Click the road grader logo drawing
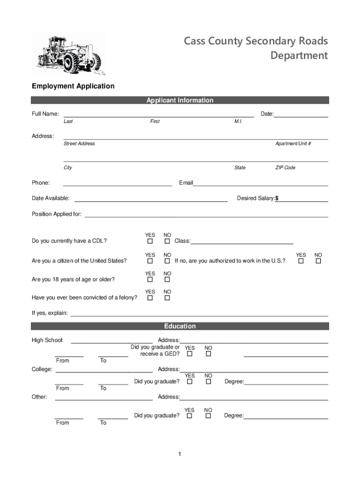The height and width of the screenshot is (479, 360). (69, 55)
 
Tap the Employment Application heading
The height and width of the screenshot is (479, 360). (73, 86)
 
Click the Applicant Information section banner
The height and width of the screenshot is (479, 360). (180, 100)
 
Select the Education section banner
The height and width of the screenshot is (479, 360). (180, 326)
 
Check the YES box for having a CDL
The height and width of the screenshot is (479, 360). (150, 241)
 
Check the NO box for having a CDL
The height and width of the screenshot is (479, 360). (167, 241)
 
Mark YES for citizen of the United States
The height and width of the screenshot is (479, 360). (150, 261)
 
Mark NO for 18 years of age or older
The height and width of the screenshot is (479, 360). (167, 280)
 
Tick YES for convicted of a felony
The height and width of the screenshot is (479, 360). (150, 298)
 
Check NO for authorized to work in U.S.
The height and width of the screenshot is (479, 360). (318, 261)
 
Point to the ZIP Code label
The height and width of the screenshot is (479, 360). (285, 167)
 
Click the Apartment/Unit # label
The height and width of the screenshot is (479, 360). (293, 144)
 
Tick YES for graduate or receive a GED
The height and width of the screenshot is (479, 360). (190, 354)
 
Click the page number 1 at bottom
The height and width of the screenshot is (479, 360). (179, 454)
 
